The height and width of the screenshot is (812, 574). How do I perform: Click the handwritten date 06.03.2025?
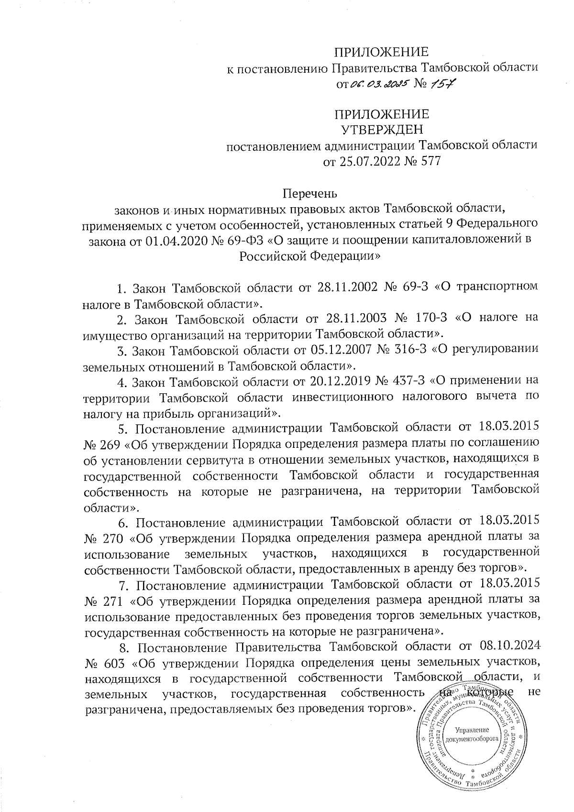[x=378, y=85]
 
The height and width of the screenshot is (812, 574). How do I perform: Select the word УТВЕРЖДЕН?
[x=381, y=129]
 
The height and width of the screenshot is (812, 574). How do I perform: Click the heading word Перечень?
[x=310, y=194]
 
